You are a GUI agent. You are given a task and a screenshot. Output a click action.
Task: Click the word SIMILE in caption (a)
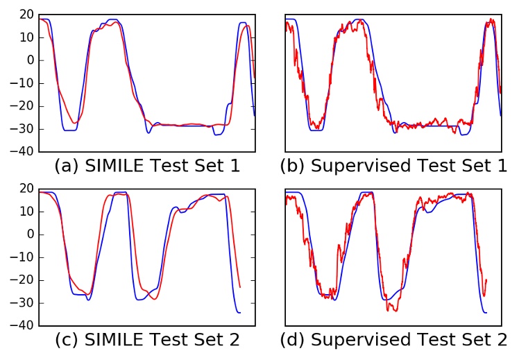click(x=112, y=166)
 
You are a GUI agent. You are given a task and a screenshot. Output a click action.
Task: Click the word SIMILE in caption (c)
click(x=112, y=341)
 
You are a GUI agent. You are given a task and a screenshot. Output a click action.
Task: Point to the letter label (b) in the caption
click(x=292, y=166)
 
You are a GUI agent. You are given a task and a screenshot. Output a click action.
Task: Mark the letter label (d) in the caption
click(x=292, y=341)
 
